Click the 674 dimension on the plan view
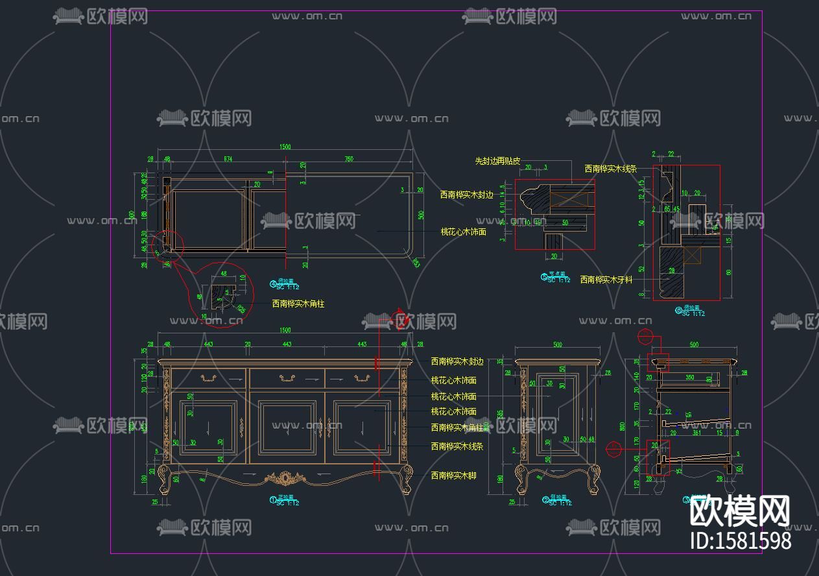click(x=228, y=159)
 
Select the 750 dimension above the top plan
click(x=348, y=159)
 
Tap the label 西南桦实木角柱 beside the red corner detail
click(x=298, y=303)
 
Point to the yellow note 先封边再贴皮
click(x=497, y=161)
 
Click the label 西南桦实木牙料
click(x=606, y=280)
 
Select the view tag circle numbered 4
click(x=273, y=283)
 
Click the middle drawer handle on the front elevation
click(x=286, y=378)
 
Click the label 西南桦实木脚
click(x=453, y=475)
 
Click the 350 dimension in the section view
click(x=690, y=377)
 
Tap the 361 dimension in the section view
click(x=696, y=432)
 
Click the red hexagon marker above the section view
click(x=645, y=336)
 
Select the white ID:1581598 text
click(x=740, y=540)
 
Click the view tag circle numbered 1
click(x=273, y=499)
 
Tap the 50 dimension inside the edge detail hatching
click(x=565, y=222)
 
